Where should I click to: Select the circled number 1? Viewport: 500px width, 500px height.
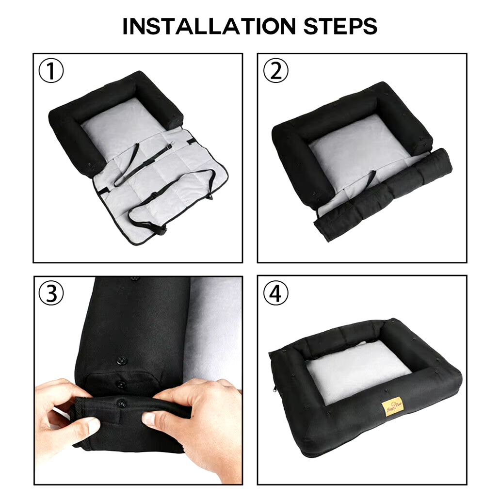tap(51, 72)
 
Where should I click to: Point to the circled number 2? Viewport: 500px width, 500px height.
tap(275, 72)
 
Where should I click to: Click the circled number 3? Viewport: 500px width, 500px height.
tap(51, 294)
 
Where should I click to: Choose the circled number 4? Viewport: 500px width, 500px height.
tap(275, 294)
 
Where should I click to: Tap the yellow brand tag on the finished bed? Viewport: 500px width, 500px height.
tap(392, 406)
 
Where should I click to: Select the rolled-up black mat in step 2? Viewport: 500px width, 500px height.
tap(383, 194)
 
